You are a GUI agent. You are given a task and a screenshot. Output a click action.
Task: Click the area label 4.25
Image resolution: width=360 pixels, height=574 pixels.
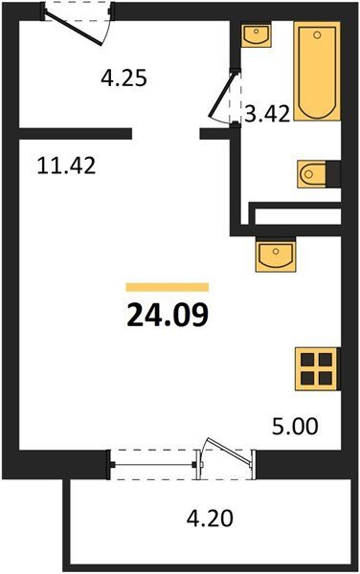124,78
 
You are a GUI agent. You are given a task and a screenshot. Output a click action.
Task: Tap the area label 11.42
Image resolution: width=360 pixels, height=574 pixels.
67,166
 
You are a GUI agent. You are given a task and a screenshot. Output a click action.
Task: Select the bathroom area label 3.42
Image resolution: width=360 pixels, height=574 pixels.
267,114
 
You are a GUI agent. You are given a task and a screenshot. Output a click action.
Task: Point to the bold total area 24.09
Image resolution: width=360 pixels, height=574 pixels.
168,315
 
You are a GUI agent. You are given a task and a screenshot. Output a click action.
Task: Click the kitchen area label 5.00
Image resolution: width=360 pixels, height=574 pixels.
295,427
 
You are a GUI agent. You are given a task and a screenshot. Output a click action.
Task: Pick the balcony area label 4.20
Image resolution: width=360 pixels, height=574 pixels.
210,519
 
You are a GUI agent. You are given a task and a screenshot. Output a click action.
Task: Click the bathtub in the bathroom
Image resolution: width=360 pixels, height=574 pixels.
317,71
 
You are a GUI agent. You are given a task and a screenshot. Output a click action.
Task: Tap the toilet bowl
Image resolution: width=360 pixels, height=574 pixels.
312,174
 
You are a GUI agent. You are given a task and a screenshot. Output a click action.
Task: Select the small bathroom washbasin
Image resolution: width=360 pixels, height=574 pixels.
257,34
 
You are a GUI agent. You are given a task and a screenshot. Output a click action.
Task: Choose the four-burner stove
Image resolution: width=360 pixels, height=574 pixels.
316,369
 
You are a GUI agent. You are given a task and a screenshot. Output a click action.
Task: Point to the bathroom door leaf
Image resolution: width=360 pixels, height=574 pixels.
221,95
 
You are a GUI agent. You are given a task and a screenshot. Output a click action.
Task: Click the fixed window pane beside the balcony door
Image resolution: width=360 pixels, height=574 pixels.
153,465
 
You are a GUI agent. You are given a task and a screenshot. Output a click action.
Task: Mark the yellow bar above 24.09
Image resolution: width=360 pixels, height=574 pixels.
168,287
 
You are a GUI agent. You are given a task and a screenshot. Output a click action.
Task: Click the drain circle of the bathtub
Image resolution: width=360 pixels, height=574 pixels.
317,35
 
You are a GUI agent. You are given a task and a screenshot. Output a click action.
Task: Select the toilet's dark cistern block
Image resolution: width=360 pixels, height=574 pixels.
333,174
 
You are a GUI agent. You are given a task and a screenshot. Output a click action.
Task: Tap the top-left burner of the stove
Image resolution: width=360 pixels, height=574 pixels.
307,361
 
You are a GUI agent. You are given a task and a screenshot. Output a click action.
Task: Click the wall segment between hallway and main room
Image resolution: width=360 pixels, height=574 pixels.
75,134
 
